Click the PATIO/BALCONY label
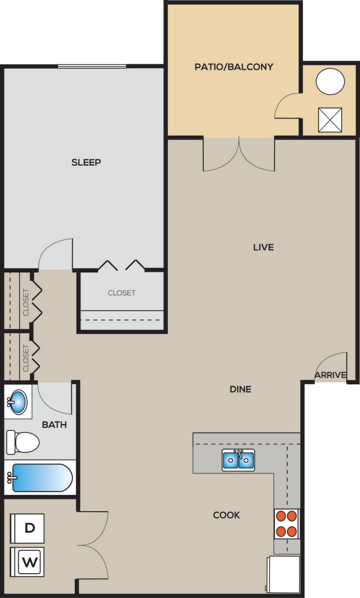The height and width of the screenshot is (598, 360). coord(234,67)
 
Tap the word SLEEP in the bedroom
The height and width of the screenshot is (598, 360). coord(86,162)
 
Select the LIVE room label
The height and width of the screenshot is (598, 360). coord(263,247)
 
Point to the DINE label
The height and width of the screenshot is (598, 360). coord(240,389)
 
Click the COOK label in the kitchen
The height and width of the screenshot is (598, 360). coord(227,515)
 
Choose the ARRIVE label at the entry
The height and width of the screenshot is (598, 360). coord(330,375)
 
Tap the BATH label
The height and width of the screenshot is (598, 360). coord(54,425)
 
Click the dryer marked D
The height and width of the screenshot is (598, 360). coord(29,528)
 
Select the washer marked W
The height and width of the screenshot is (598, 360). coord(29,563)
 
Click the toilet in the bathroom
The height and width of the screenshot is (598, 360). coord(23,442)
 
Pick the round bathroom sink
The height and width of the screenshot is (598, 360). coord(17,402)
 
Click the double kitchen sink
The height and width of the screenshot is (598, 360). coord(239,460)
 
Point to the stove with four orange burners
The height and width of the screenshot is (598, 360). coord(287,523)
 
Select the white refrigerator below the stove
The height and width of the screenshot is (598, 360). coord(284,574)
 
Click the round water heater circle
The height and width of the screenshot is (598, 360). coord(330,82)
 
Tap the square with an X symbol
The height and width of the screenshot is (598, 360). coord(330,120)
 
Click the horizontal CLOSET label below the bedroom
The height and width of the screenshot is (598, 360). coord(122,293)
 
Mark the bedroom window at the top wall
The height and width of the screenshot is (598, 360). coord(92,66)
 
